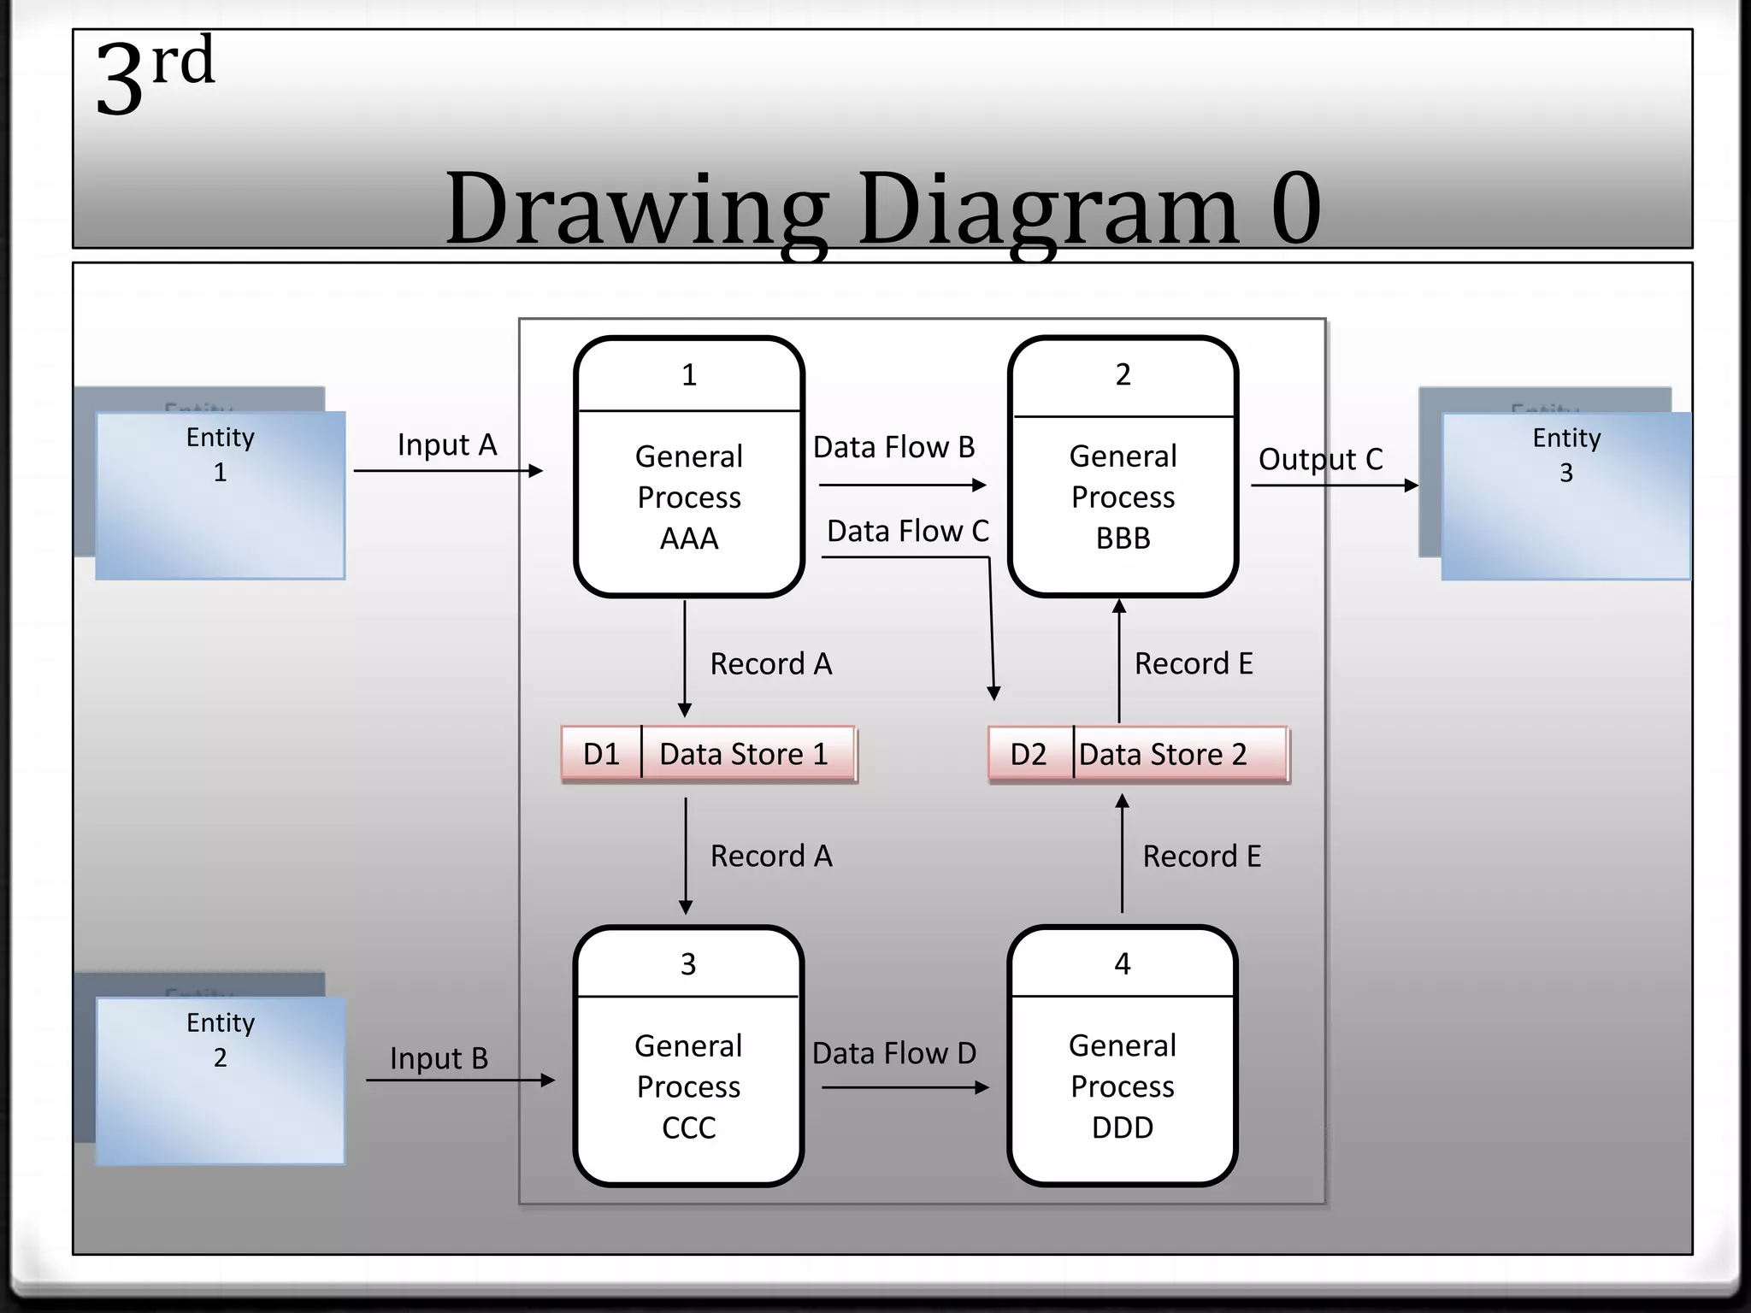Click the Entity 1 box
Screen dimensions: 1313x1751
pos(221,495)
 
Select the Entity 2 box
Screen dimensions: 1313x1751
pos(221,1080)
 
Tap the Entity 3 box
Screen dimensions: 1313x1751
pos(1565,496)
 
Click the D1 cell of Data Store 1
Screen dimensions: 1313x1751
pos(601,754)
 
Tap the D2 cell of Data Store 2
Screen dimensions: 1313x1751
pos(1029,754)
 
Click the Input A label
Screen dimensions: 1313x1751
pos(447,445)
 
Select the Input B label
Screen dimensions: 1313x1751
pos(439,1058)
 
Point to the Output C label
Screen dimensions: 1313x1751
pos(1320,460)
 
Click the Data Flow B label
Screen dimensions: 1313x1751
pos(893,447)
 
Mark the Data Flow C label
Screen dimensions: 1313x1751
pos(907,531)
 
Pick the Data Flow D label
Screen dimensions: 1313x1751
pos(894,1053)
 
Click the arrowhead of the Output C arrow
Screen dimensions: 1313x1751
pos(1412,486)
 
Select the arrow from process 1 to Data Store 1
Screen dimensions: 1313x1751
pos(685,658)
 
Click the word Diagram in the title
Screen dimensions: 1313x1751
pos(1049,209)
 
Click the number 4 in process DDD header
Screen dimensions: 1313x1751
pos(1123,964)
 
